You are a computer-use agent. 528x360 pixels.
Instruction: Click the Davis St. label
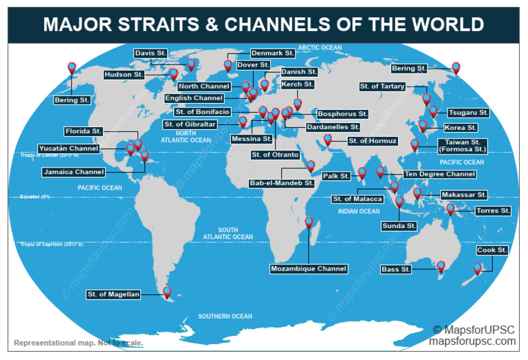point(151,53)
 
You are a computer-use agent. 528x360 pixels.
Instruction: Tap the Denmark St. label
point(272,53)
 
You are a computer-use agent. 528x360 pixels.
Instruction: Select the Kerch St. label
point(297,85)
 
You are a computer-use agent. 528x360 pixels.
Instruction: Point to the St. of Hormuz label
point(372,141)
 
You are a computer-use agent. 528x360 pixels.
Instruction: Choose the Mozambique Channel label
point(309,269)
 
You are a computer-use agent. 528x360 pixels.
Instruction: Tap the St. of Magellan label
point(114,295)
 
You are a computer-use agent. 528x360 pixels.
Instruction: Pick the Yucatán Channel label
point(70,148)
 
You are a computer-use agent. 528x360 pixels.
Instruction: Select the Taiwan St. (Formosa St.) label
point(461,146)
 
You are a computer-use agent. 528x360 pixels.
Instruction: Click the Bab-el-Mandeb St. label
point(282,183)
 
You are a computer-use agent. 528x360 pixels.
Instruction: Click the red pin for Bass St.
point(441,265)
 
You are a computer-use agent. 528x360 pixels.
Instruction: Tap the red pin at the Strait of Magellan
point(166,292)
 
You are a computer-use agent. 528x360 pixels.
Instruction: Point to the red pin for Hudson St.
point(174,74)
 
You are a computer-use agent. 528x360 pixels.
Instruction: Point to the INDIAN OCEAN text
point(359,212)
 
